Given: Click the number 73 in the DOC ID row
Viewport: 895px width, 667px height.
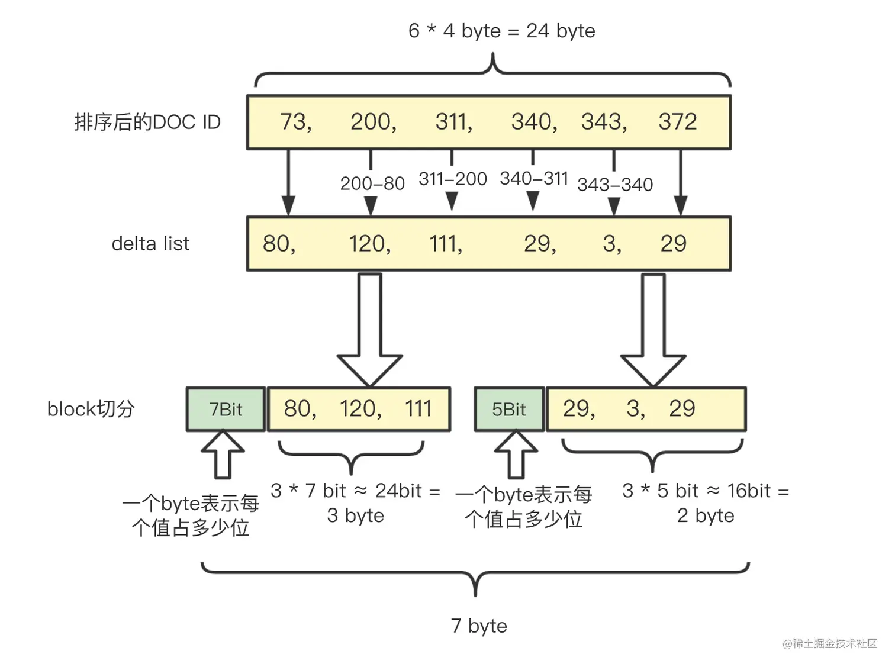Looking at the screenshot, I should coord(294,122).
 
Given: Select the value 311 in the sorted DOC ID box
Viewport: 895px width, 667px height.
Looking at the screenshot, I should coord(452,122).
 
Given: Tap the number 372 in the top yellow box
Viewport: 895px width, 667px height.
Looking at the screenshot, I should coord(677,122).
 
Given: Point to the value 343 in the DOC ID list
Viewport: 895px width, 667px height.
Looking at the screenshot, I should coord(602,122).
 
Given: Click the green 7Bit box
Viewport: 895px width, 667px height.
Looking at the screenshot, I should coord(226,410).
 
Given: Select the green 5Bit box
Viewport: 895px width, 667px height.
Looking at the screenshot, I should coord(509,410).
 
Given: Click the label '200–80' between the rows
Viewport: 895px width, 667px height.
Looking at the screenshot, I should coord(372,183).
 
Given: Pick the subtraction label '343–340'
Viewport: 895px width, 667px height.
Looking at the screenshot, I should coord(615,185).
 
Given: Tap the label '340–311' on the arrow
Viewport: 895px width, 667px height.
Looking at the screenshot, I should coord(533,178).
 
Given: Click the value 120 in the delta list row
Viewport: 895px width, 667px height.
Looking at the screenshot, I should coord(368,244).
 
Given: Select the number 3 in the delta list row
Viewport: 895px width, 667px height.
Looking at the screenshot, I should coord(610,244).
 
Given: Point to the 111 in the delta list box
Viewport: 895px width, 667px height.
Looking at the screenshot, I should coord(443,244).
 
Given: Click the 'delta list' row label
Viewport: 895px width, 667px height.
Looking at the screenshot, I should coord(150,244).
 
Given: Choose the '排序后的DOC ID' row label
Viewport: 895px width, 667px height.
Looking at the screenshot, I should coord(147,122).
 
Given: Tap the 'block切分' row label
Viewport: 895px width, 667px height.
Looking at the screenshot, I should coord(91,409).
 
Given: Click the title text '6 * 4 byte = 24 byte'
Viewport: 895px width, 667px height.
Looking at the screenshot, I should coord(501,31).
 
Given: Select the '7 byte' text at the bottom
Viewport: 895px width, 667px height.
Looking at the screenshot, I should coord(478,626).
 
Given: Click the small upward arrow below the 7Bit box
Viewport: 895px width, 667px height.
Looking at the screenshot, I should coord(223,455).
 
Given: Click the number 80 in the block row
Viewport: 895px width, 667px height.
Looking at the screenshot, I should coord(298,409).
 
